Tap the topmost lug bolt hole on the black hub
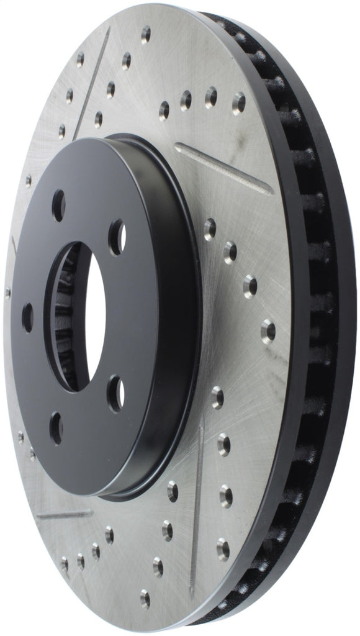point(59,205)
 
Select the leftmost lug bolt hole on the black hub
point(28,317)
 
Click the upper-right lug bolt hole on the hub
point(117,237)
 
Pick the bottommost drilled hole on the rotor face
point(145,599)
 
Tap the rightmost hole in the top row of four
point(238,103)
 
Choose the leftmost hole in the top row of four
point(164,111)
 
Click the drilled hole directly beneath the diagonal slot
point(210,229)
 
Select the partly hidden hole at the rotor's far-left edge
point(7,292)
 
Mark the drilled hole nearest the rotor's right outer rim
point(268,330)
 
